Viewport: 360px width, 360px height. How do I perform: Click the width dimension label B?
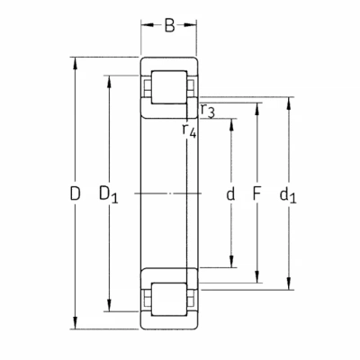(169, 25)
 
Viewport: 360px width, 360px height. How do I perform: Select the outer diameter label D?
(75, 193)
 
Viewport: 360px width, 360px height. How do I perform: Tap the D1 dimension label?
(109, 194)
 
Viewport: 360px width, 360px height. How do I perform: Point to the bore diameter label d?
(230, 193)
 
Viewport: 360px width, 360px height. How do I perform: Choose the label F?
(256, 193)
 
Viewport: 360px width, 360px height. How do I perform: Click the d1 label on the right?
(288, 195)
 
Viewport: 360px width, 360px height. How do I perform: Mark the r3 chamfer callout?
(208, 111)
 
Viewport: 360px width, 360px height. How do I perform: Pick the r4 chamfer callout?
(189, 130)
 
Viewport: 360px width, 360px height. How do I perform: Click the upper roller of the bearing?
(169, 87)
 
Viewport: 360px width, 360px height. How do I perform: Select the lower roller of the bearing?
(169, 299)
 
